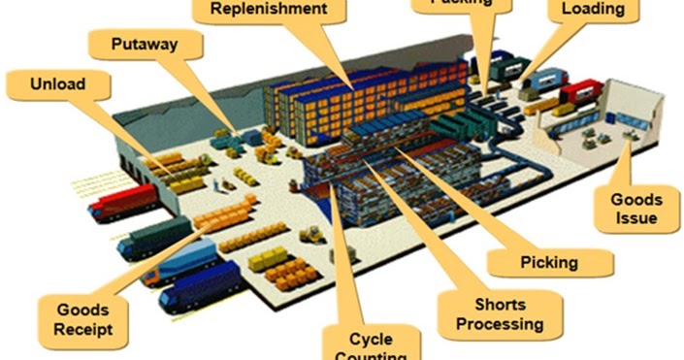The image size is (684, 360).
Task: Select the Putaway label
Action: click(x=136, y=45)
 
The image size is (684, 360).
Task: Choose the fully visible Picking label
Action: click(x=549, y=261)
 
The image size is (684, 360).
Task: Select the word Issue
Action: click(x=636, y=217)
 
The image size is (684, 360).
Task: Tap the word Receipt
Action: click(x=83, y=328)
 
